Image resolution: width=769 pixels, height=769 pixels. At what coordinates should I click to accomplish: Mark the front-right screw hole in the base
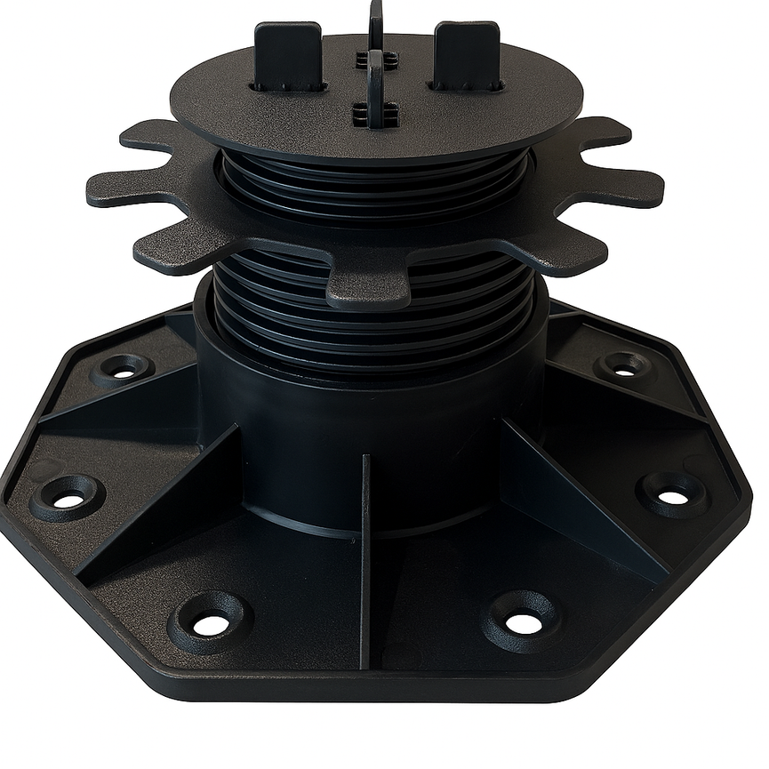click(524, 623)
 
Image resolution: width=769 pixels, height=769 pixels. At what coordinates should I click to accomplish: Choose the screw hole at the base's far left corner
click(67, 499)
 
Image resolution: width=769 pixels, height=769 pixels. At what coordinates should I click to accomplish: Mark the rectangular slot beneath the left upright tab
click(287, 88)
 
